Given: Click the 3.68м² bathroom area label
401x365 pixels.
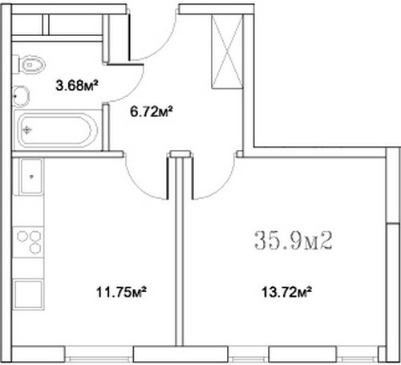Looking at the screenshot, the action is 76,86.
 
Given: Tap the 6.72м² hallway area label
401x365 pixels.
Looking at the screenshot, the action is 151,112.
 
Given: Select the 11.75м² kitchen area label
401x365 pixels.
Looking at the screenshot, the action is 121,292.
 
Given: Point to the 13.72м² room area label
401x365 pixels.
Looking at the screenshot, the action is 286,292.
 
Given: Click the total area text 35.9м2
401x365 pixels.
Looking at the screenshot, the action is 294,241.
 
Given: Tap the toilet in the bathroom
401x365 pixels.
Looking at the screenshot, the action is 30,64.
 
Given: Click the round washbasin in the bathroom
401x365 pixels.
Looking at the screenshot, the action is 21,95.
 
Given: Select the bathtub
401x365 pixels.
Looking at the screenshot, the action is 56,130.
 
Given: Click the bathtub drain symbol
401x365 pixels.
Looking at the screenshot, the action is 26,130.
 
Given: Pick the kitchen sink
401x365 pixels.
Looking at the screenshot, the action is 31,176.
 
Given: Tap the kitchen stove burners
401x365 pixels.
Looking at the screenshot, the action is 29,242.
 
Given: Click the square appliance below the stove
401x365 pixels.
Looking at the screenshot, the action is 29,294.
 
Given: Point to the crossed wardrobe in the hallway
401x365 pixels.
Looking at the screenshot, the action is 227,51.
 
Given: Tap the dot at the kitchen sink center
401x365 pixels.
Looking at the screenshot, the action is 31,176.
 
